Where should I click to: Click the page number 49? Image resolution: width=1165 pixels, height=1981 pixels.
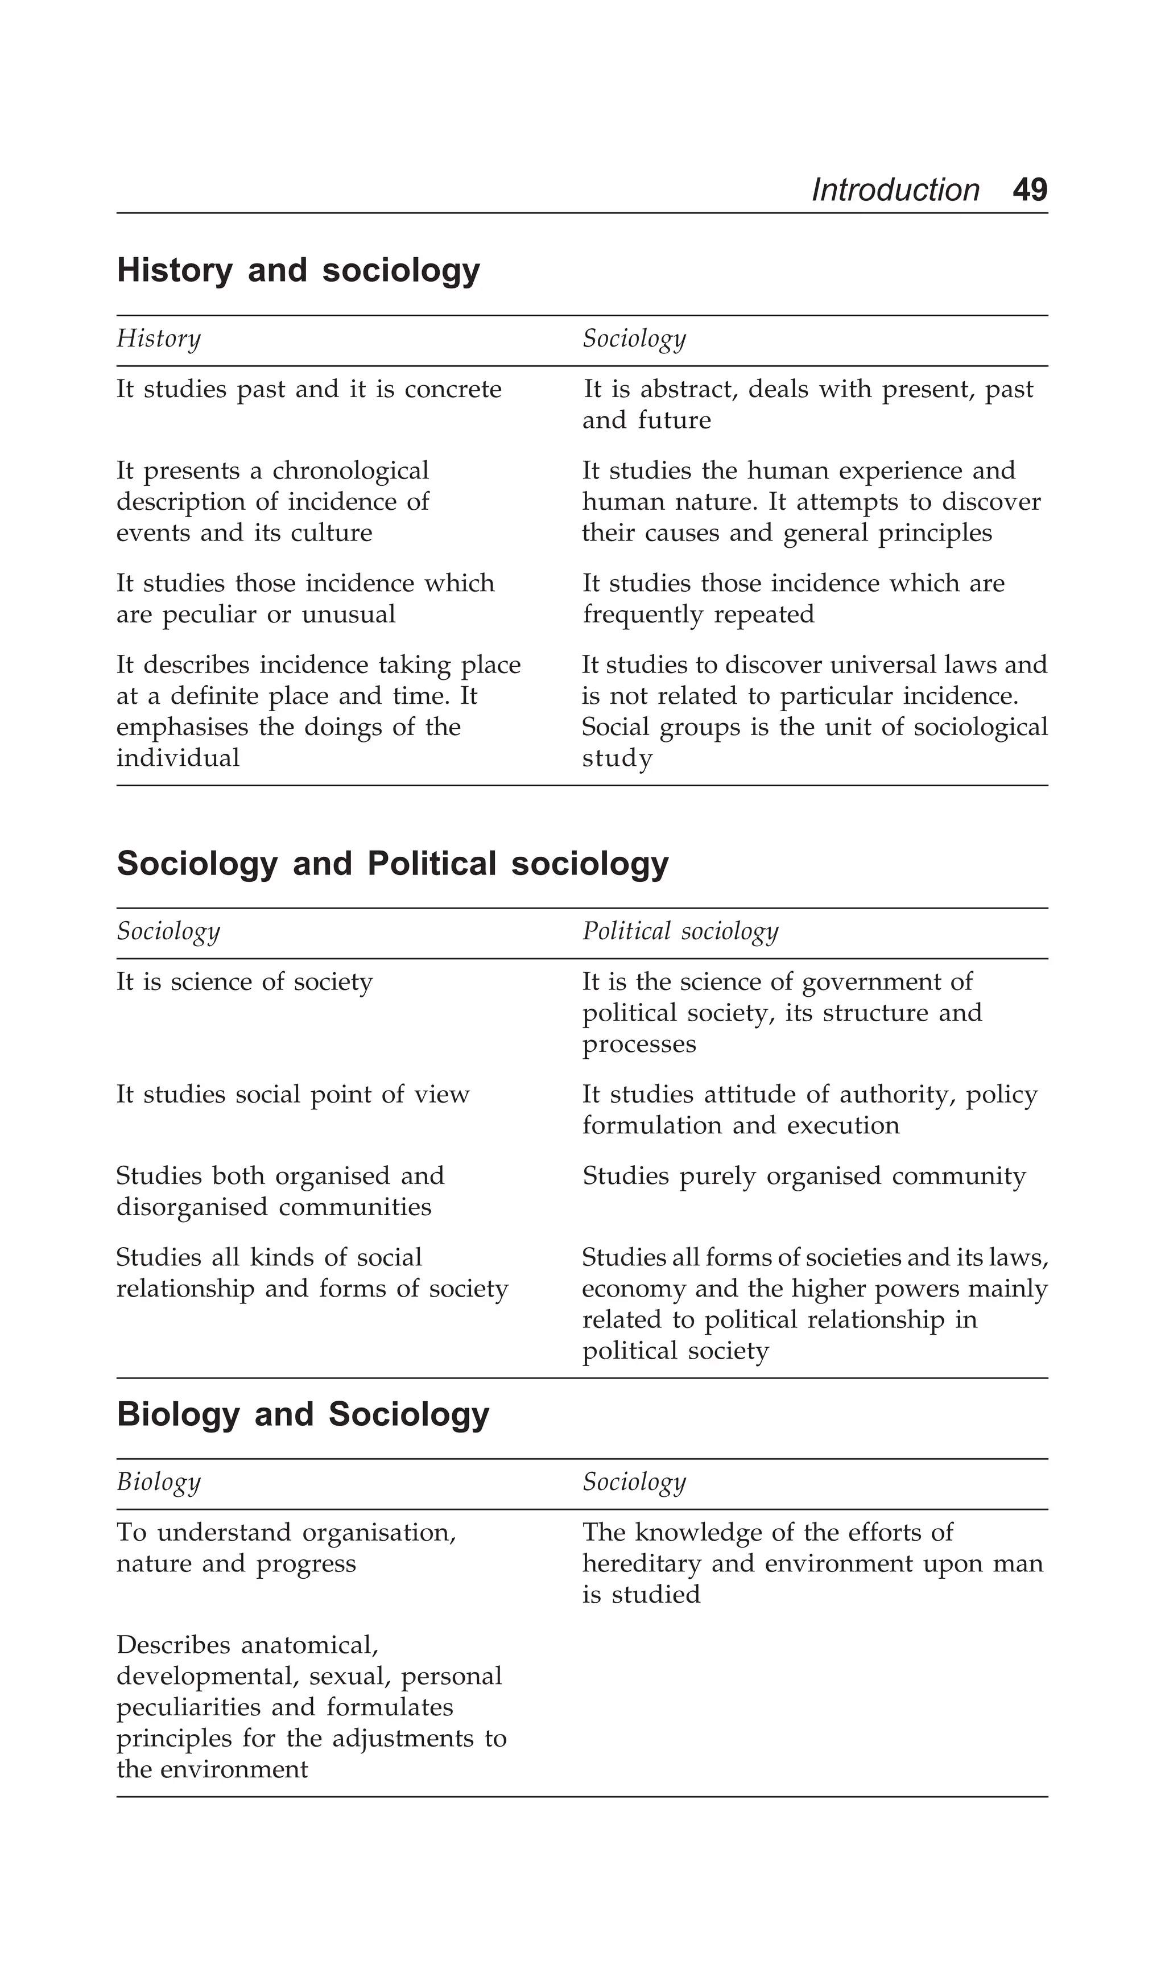[1029, 190]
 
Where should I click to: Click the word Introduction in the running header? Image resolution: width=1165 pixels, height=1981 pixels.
[895, 190]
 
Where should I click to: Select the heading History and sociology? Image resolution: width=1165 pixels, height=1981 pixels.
[298, 270]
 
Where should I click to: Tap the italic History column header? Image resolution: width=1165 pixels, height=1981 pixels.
[159, 339]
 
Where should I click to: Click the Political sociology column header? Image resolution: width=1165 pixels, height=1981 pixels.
[680, 931]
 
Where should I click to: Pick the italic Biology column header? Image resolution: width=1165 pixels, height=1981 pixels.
[159, 1482]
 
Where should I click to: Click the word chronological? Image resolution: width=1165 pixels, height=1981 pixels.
[350, 471]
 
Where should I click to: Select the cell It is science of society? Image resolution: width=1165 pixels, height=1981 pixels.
[245, 982]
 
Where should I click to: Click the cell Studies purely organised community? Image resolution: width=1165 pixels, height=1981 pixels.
[803, 1176]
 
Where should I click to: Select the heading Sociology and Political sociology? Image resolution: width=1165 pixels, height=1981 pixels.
[393, 863]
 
